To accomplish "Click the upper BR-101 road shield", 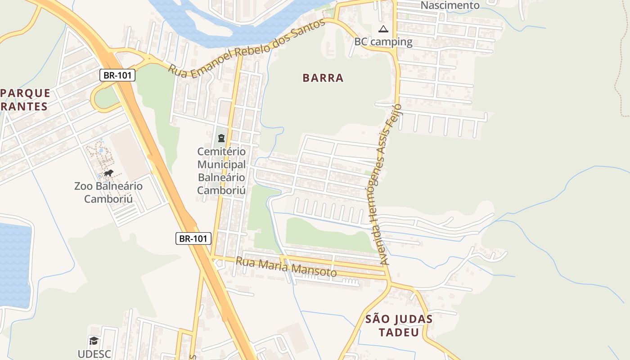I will click(x=117, y=75).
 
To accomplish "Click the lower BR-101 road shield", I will click(x=193, y=238).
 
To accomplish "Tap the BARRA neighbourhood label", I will click(x=323, y=78).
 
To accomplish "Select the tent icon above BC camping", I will click(x=383, y=30).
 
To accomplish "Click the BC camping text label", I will click(x=383, y=42).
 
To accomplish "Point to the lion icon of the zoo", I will click(x=108, y=173).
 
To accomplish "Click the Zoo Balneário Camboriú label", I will click(x=108, y=192).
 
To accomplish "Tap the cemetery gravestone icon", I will click(x=221, y=138).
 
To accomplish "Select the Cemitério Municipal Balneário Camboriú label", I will click(x=221, y=171).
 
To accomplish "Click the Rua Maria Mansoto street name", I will click(x=286, y=266).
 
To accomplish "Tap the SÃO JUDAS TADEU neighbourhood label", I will click(x=399, y=326).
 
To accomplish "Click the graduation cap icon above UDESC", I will click(x=94, y=341).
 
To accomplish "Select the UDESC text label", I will click(x=94, y=354).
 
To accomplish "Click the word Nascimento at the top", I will click(x=450, y=5).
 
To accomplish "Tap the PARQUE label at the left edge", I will click(x=26, y=93).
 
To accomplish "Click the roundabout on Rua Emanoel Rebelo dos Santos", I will click(x=148, y=58).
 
